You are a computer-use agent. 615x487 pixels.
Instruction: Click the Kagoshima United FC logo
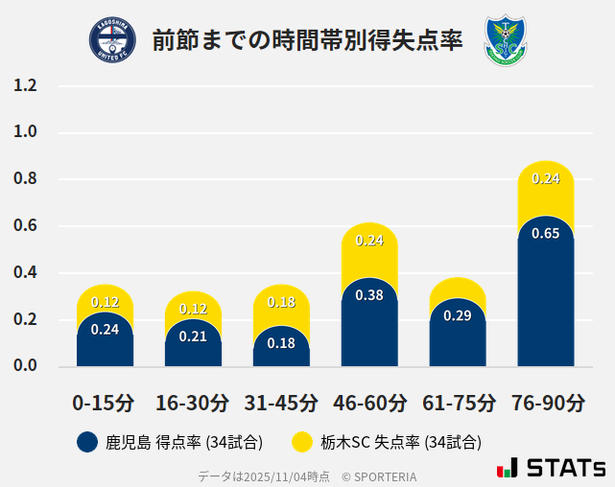[112, 39]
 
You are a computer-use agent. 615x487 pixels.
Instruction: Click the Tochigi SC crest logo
[506, 39]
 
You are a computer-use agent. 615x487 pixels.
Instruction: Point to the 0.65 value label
[546, 234]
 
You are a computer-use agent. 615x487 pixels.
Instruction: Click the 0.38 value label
[369, 295]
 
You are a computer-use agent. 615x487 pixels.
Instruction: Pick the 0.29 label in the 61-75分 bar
[458, 315]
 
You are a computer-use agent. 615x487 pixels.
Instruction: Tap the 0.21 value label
[193, 336]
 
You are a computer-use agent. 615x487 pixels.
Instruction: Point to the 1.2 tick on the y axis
[25, 85]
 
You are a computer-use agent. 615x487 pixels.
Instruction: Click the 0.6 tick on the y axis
[25, 226]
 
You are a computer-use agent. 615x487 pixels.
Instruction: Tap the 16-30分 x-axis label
[193, 403]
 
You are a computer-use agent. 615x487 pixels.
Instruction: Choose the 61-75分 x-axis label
[458, 403]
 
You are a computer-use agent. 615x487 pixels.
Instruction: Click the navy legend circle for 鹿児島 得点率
[87, 442]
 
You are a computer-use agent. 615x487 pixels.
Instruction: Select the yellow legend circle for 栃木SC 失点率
[302, 442]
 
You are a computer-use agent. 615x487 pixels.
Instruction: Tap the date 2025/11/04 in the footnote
[273, 475]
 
